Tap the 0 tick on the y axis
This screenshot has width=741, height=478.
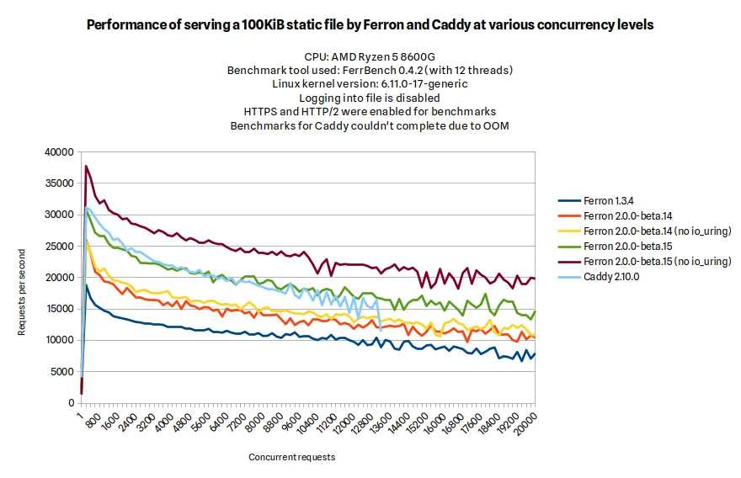(x=72, y=402)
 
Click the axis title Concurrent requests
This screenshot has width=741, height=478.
(x=291, y=457)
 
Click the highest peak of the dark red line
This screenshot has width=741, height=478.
(x=86, y=166)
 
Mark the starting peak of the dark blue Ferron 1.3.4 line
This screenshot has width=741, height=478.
(x=86, y=284)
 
